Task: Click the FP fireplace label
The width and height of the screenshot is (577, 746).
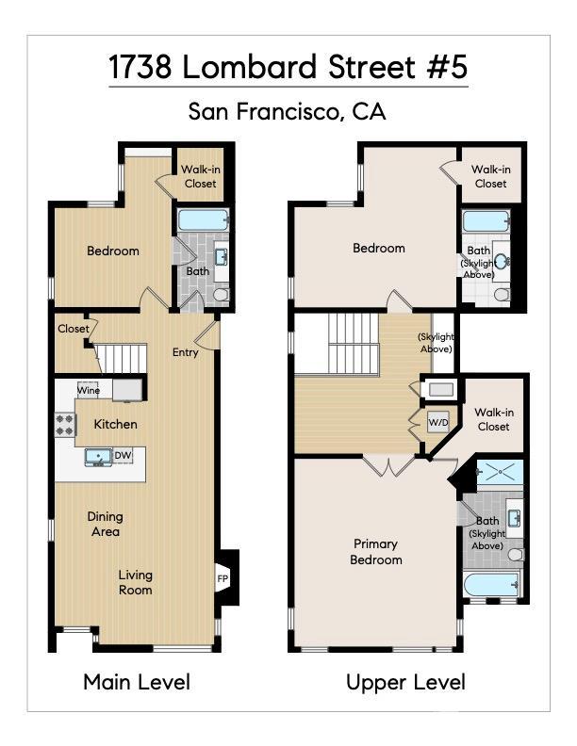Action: click(223, 577)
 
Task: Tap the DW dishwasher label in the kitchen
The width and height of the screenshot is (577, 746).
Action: click(123, 456)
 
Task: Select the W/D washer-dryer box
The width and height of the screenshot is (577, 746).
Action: click(438, 422)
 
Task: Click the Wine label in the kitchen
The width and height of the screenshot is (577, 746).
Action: click(89, 389)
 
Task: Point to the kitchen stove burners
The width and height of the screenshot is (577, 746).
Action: click(65, 425)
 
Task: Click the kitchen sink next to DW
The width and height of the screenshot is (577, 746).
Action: click(97, 457)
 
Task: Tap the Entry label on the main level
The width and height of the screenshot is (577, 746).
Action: click(185, 352)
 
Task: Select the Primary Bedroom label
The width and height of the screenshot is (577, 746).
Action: click(376, 551)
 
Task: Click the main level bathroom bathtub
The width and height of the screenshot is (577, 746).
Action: click(204, 221)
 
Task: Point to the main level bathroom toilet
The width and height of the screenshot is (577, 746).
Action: click(221, 294)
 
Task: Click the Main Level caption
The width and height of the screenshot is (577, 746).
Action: click(137, 682)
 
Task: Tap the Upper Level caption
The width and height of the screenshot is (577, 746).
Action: click(405, 682)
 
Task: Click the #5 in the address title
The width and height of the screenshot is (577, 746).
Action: click(445, 68)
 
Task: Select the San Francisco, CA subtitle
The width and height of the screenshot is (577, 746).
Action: click(288, 111)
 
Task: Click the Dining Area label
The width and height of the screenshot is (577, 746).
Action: click(105, 524)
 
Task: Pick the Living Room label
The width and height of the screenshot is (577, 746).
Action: click(135, 582)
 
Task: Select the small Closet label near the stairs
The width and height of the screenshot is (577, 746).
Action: click(73, 329)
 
